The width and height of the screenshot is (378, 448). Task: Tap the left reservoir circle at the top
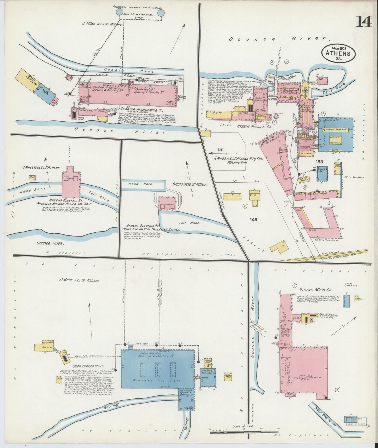coord(119,12)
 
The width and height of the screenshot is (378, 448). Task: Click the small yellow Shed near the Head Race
coord(32,177)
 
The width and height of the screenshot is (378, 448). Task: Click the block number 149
coord(253,220)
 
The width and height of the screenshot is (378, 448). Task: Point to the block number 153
coord(319,162)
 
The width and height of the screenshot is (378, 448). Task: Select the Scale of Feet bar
coord(249,433)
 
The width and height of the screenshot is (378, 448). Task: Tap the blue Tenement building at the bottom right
coord(351,419)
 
